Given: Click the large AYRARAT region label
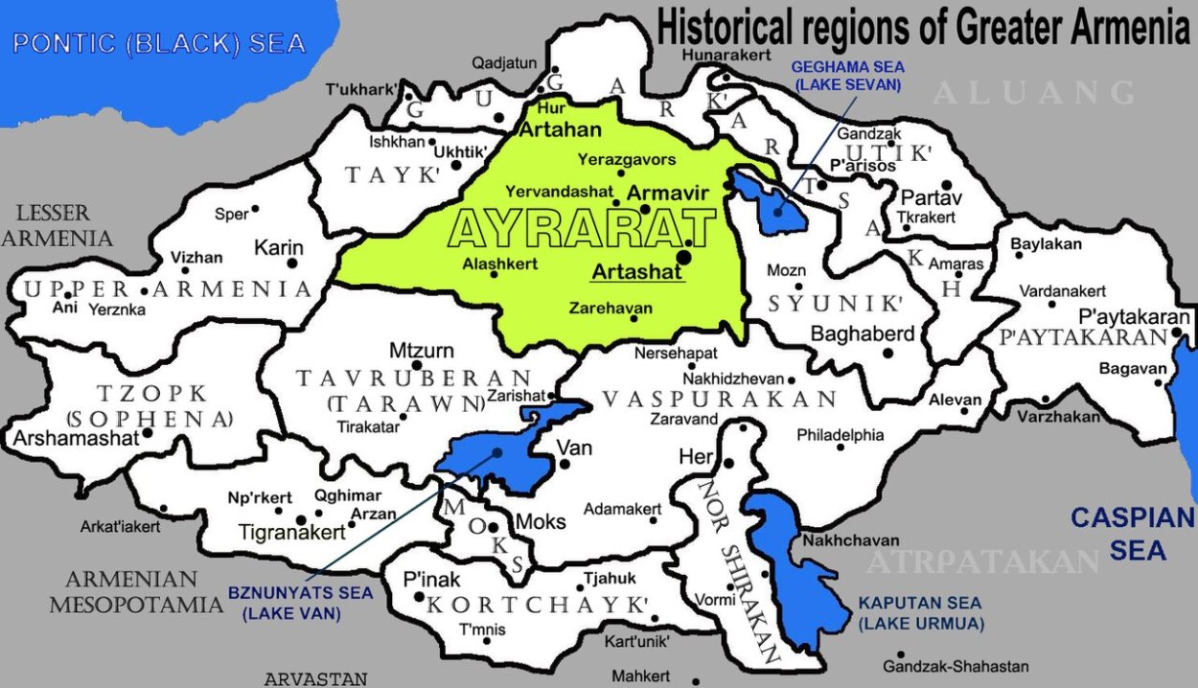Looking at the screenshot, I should [582, 231].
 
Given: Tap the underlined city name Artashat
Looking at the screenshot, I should [637, 272].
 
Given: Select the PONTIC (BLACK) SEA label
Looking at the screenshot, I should [159, 43].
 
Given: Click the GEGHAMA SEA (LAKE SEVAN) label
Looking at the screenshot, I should [847, 76].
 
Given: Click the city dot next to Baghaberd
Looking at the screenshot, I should [888, 352].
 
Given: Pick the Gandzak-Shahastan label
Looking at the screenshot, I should [956, 666].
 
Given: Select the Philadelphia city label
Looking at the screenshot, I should [841, 435].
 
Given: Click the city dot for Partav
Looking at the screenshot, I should [947, 184].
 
